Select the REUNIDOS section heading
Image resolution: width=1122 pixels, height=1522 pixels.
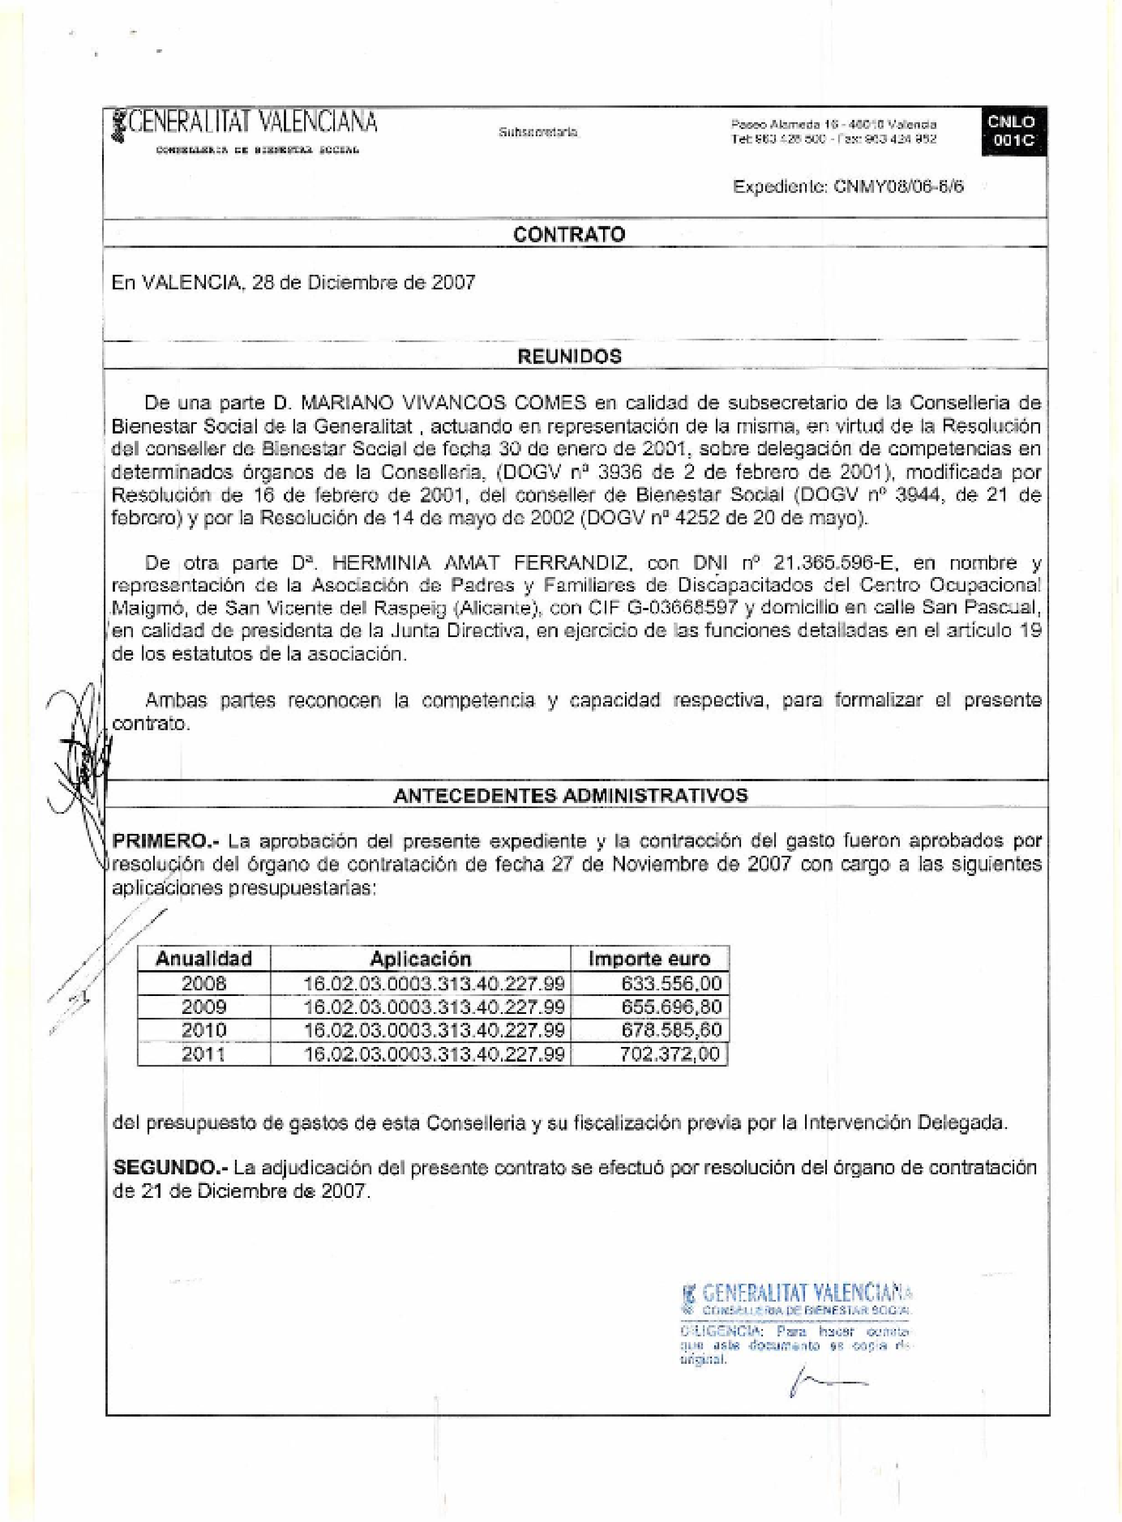coord(569,357)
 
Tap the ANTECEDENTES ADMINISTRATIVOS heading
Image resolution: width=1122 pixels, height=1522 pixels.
coord(571,795)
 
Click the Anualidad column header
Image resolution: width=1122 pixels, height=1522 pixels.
coord(204,958)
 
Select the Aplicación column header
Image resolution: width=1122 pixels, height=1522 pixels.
coord(420,958)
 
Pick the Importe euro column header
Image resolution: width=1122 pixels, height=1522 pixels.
coord(649,958)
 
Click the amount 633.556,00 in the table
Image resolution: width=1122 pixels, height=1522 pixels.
coord(671,984)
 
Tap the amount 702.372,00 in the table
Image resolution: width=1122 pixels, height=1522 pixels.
coord(670,1054)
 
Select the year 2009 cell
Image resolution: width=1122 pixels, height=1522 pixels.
coord(204,1007)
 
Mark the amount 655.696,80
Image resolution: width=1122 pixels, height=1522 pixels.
coord(671,1007)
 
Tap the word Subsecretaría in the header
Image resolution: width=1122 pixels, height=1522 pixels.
coord(538,133)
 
